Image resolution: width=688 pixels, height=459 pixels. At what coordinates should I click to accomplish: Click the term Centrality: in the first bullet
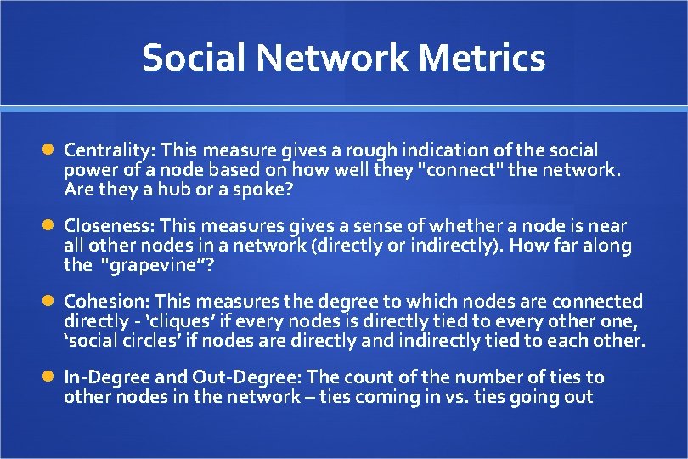pos(108,150)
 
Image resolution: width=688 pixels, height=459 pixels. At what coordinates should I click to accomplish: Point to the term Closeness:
pos(109,226)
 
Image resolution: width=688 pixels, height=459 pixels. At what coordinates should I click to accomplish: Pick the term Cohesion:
pos(106,302)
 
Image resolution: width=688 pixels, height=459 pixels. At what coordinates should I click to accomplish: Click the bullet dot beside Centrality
pos(48,150)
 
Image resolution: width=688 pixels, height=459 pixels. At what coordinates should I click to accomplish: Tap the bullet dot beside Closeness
pos(48,226)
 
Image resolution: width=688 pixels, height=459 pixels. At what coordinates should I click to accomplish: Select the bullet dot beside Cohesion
pos(48,302)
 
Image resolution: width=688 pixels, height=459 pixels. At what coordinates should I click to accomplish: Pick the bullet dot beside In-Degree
pos(48,377)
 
